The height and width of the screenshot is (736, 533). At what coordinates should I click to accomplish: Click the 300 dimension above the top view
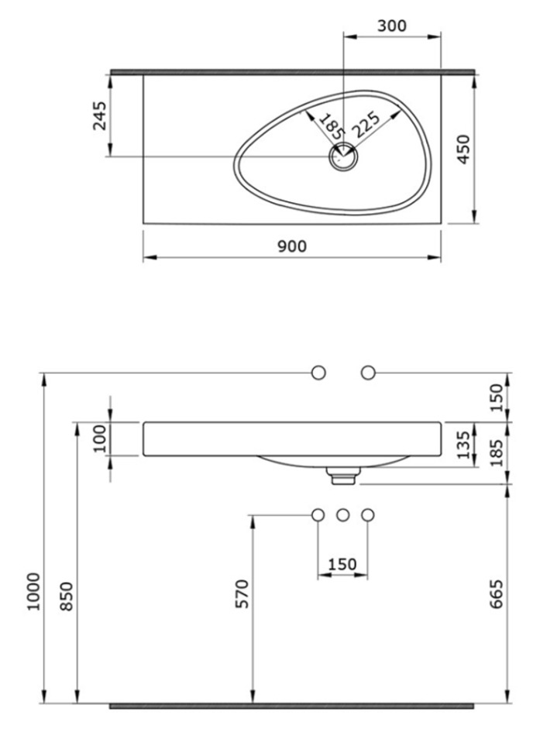[392, 26]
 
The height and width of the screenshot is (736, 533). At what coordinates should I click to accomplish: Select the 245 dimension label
[100, 115]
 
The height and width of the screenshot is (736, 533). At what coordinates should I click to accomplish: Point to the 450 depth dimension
[463, 150]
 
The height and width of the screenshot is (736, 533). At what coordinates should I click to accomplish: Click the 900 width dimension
[292, 246]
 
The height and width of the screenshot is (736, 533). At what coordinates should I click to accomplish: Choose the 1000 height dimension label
[34, 591]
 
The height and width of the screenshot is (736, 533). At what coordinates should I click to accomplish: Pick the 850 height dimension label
[67, 597]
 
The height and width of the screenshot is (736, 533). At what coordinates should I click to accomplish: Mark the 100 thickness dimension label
[101, 439]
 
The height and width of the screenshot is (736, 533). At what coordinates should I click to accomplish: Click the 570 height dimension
[242, 593]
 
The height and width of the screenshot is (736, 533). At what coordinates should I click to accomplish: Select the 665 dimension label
[497, 593]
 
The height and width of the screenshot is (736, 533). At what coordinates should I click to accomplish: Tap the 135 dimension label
[463, 445]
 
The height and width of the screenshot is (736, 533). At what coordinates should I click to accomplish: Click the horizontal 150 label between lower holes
[342, 564]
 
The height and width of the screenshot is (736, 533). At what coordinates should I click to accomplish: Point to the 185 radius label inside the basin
[329, 126]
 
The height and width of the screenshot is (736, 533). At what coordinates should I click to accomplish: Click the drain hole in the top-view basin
[344, 156]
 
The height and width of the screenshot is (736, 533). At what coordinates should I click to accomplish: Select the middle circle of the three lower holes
[343, 515]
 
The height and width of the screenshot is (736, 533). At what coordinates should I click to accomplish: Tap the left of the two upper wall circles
[318, 373]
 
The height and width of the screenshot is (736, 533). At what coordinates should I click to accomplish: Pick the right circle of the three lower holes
[368, 515]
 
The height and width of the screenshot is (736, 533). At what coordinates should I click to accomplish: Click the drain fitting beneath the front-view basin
[343, 475]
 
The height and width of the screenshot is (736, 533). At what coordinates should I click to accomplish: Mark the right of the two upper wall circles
[368, 373]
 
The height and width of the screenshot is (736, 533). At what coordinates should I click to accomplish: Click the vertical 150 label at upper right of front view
[497, 397]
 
